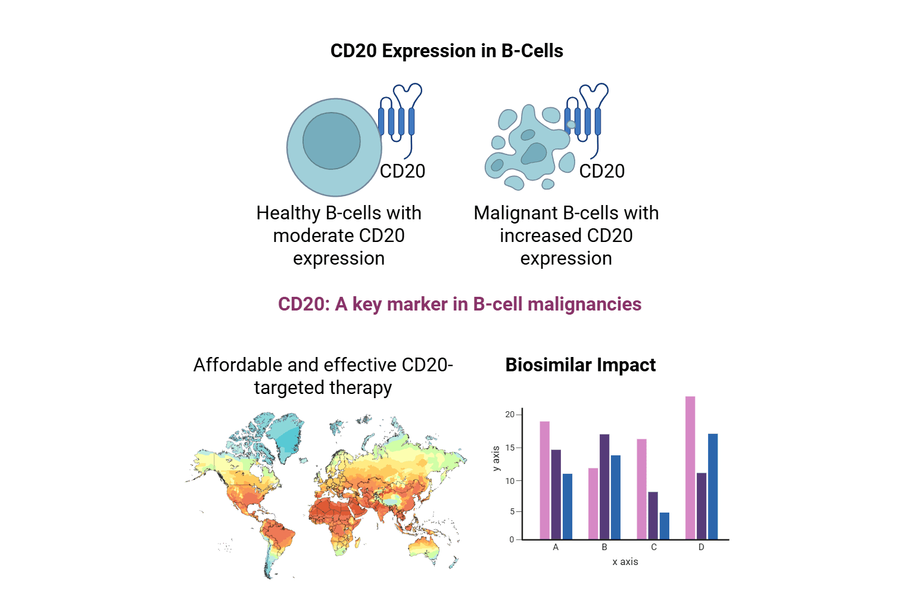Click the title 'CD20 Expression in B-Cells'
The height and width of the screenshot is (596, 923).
click(447, 51)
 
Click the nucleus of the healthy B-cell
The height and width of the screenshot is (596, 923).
click(332, 141)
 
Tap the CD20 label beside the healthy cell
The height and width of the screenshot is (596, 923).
click(403, 171)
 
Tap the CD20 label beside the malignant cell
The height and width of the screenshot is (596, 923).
click(602, 171)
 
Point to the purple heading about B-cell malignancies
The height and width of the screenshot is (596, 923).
click(460, 305)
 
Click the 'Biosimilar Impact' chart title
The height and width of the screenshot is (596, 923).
click(580, 365)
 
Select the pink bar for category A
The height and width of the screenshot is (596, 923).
click(545, 480)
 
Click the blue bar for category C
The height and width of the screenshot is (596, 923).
click(665, 526)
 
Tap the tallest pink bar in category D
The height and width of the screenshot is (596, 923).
click(690, 468)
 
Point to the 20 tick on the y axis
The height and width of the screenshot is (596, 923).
click(510, 414)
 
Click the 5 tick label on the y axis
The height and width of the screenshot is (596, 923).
click(512, 511)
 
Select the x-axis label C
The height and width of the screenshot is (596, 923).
click(654, 547)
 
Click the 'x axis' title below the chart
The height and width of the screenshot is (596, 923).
click(625, 561)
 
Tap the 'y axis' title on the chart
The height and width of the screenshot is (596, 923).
click(496, 459)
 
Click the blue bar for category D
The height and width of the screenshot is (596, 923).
click(713, 486)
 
